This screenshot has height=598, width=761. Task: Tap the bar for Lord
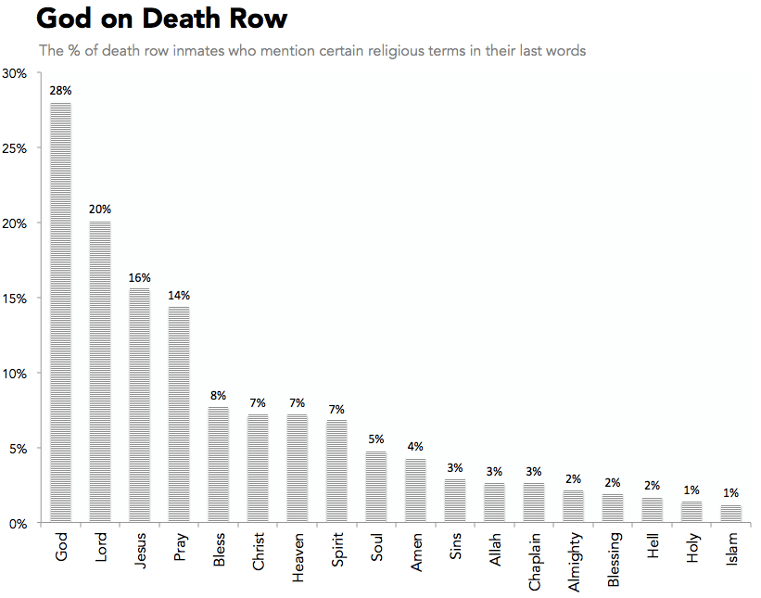coord(100,372)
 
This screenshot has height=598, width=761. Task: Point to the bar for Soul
coord(375,487)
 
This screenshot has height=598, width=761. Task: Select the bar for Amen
coord(415,490)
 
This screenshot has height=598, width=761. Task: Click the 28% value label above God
coord(60,91)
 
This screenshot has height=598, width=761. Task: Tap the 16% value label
coord(139,277)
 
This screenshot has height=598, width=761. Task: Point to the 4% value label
coord(415,447)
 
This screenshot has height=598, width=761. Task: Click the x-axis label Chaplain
coord(534,561)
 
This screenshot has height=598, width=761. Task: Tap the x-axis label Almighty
coord(574,562)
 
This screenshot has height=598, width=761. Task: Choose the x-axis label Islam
coord(732,550)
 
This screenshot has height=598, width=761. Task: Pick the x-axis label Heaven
coord(298,557)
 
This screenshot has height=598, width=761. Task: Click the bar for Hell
coord(653,511)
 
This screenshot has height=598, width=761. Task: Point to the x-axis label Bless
coord(219,551)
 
